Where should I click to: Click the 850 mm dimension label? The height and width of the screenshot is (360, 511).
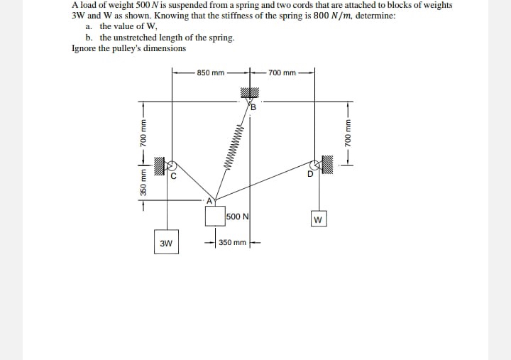211,72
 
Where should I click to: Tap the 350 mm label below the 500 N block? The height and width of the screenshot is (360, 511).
232,243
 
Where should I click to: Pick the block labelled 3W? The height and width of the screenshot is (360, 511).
166,243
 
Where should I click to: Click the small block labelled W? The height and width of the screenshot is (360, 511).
317,219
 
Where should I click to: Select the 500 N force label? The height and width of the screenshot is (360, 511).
237,217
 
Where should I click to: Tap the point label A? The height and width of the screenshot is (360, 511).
210,201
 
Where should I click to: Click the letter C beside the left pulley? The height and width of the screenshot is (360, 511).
172,177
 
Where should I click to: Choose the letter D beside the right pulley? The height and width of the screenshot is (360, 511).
309,177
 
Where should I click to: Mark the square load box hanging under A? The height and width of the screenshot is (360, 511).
215,217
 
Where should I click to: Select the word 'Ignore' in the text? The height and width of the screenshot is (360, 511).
84,48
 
